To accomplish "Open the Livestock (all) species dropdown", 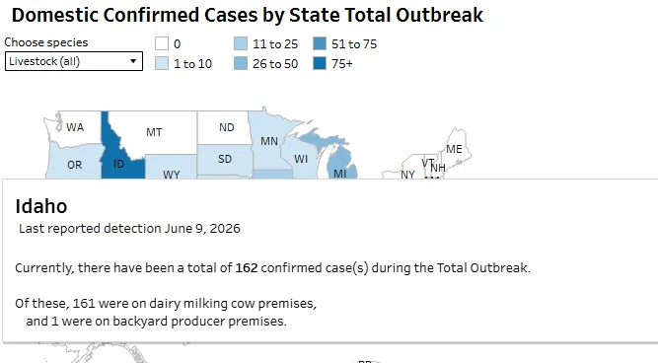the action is click(74, 61).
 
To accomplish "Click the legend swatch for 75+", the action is click(320, 63).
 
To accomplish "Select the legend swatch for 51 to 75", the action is click(320, 43).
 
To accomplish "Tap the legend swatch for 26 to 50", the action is click(241, 63).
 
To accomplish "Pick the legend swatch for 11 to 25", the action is click(241, 43).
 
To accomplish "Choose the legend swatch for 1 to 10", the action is click(162, 63).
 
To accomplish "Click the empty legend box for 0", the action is click(162, 43).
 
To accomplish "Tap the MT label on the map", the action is click(154, 132).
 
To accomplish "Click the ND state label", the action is click(227, 127).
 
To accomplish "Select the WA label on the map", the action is click(75, 126).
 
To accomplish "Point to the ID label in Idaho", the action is click(118, 164).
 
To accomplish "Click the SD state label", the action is click(225, 159).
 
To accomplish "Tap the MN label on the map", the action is click(269, 141).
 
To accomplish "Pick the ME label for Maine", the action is click(454, 149).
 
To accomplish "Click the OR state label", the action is click(75, 165).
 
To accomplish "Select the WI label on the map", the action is click(301, 159).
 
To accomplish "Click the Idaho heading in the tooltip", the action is click(41, 206).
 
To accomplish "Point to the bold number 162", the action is click(247, 267).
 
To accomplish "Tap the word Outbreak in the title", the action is click(439, 15).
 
